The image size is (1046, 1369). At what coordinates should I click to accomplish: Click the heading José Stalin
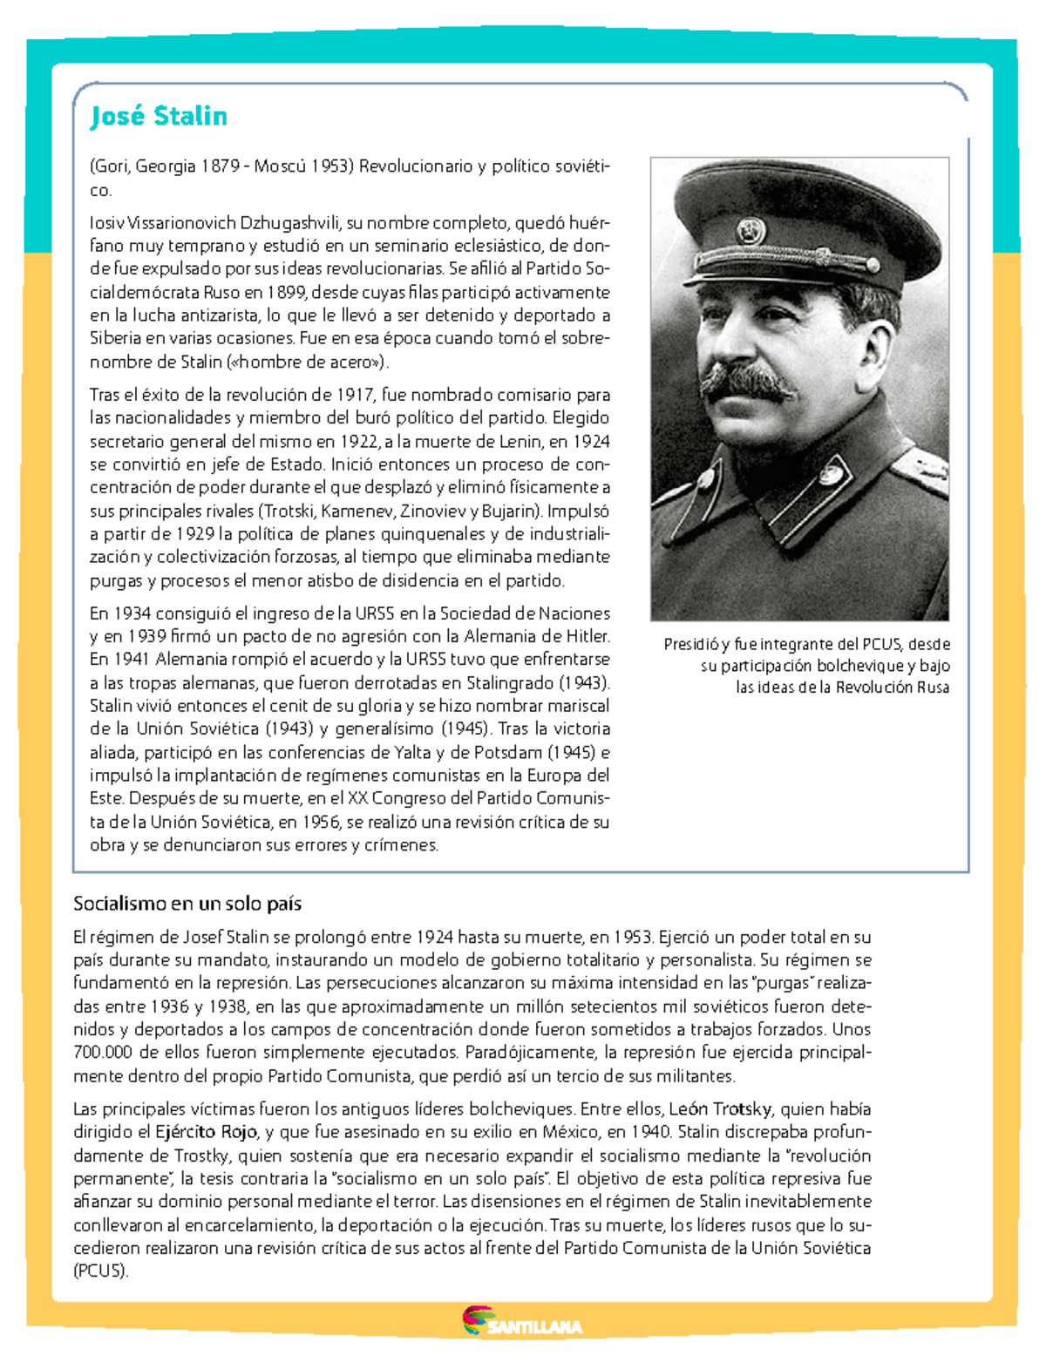point(159,116)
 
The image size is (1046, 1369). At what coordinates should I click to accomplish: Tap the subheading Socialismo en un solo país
point(187,904)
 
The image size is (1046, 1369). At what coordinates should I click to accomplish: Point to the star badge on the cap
point(751,230)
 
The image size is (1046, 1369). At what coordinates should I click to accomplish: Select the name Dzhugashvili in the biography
point(289,222)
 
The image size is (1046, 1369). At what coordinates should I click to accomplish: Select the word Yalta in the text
point(412,752)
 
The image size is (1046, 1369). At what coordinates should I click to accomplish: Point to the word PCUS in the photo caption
point(882,645)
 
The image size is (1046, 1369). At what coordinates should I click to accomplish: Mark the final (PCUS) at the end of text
point(101,1271)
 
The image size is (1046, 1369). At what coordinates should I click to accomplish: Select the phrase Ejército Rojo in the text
point(206,1132)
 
